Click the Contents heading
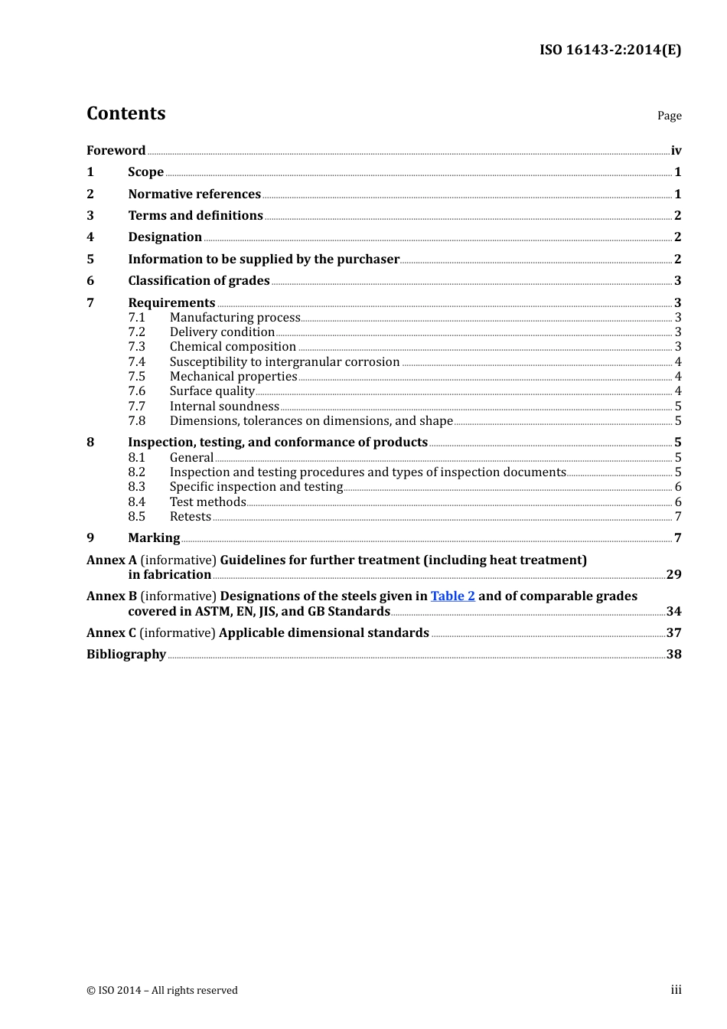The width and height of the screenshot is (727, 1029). coord(126,113)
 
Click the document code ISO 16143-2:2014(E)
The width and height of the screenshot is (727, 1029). coord(610,50)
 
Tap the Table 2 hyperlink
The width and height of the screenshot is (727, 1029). coord(452,596)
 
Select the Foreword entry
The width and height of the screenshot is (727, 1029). coord(116,150)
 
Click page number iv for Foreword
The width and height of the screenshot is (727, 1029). coord(676,150)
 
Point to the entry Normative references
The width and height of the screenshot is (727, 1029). coord(194,194)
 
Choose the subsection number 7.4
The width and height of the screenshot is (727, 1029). coord(137,361)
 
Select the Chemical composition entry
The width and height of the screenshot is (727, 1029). coord(233,347)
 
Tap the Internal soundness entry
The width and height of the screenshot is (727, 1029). coord(224,406)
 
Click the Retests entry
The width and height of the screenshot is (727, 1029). coord(190,517)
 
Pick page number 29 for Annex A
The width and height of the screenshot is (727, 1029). coord(673,574)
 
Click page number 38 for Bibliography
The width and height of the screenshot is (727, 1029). coord(673,654)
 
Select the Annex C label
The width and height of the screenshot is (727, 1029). coord(111,632)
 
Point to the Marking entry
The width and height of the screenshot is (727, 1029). coord(154,537)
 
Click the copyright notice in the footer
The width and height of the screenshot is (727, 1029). coord(162,990)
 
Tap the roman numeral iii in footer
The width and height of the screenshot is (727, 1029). coord(676,989)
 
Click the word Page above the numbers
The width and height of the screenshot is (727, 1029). coord(669,116)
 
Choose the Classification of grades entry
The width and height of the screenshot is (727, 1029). coord(199,280)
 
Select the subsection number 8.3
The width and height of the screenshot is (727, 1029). coord(137,487)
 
